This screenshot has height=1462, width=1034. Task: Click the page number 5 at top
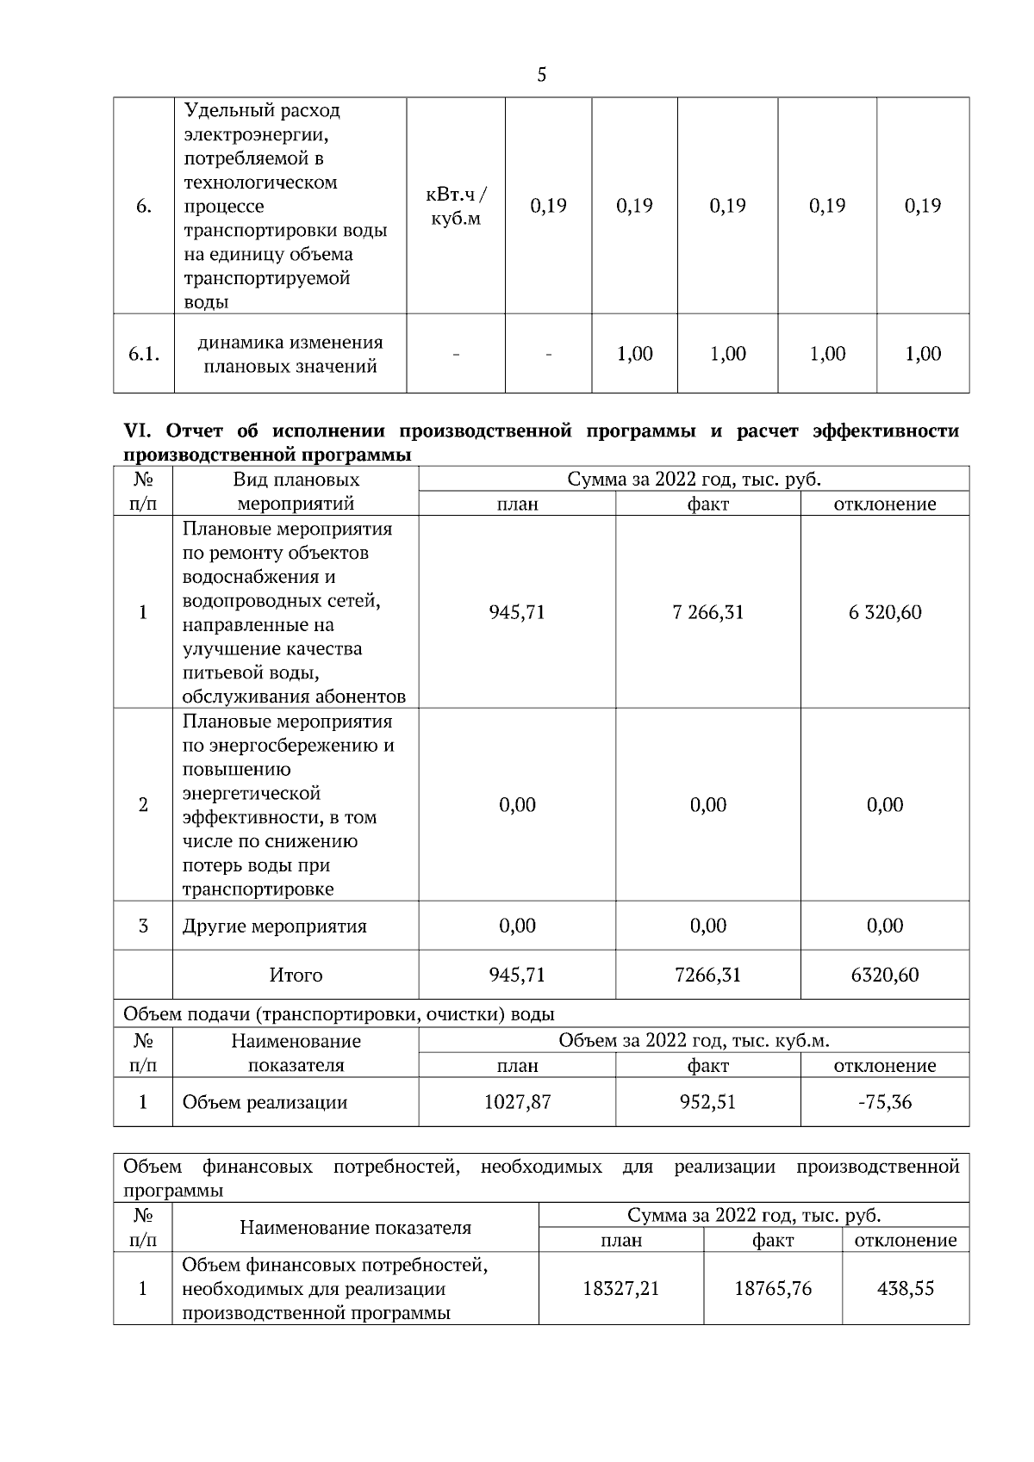[541, 76]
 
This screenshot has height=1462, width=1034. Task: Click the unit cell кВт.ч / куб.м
[456, 206]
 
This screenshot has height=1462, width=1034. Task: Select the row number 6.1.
[143, 354]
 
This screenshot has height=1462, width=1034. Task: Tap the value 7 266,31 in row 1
[707, 612]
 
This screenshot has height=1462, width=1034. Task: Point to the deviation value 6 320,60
[884, 612]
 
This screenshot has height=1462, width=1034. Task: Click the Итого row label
[296, 975]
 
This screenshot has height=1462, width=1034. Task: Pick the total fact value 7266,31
[707, 975]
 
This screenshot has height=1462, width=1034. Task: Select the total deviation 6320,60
[884, 975]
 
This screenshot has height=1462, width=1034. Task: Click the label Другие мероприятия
[274, 926]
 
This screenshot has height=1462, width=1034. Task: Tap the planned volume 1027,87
[517, 1101]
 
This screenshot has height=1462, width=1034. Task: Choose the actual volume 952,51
[707, 1101]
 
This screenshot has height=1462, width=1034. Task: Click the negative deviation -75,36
[884, 1101]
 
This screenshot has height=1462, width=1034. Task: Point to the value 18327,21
[620, 1288]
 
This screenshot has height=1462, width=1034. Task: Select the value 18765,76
[772, 1288]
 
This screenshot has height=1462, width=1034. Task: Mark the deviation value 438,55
[905, 1288]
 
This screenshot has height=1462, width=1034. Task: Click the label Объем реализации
[264, 1102]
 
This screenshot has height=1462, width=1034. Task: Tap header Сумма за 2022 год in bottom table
[753, 1215]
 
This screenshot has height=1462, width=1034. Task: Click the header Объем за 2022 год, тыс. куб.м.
[694, 1040]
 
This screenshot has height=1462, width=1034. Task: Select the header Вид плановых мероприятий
[296, 492]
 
